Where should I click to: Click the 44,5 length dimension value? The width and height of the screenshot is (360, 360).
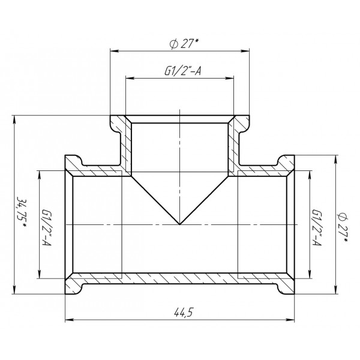(x=180, y=311)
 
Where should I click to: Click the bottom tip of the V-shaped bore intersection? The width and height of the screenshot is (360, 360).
(x=179, y=224)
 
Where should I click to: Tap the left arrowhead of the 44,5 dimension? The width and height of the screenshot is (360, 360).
(x=68, y=319)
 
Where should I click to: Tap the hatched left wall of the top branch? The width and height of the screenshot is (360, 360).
(x=126, y=144)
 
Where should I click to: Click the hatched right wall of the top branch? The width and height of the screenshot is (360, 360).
(x=233, y=144)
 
